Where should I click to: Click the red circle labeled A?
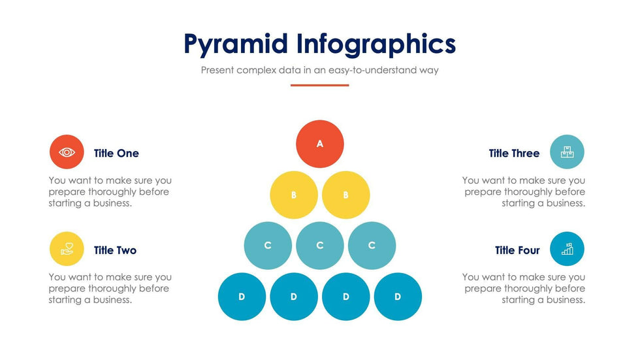pos(319,144)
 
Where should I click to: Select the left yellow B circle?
pos(294,195)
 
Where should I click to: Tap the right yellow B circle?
pos(345,195)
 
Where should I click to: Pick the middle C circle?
pos(319,245)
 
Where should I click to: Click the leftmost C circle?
pos(268,245)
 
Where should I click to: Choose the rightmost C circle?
pos(372,245)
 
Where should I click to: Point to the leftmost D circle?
pos(242,297)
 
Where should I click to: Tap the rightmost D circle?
pos(398,297)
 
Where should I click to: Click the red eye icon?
pos(67,152)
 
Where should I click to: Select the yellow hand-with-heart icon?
pos(67,248)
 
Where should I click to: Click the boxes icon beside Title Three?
pos(567,152)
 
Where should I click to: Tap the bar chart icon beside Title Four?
pos(567,248)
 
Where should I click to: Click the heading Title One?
pos(116,153)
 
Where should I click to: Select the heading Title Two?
pos(115,250)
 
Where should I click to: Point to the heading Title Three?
pos(515,153)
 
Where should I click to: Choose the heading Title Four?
pos(517,250)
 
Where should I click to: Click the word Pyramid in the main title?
pos(236,44)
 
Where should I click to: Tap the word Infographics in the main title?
pos(376,44)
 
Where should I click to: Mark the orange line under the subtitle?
pos(319,86)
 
